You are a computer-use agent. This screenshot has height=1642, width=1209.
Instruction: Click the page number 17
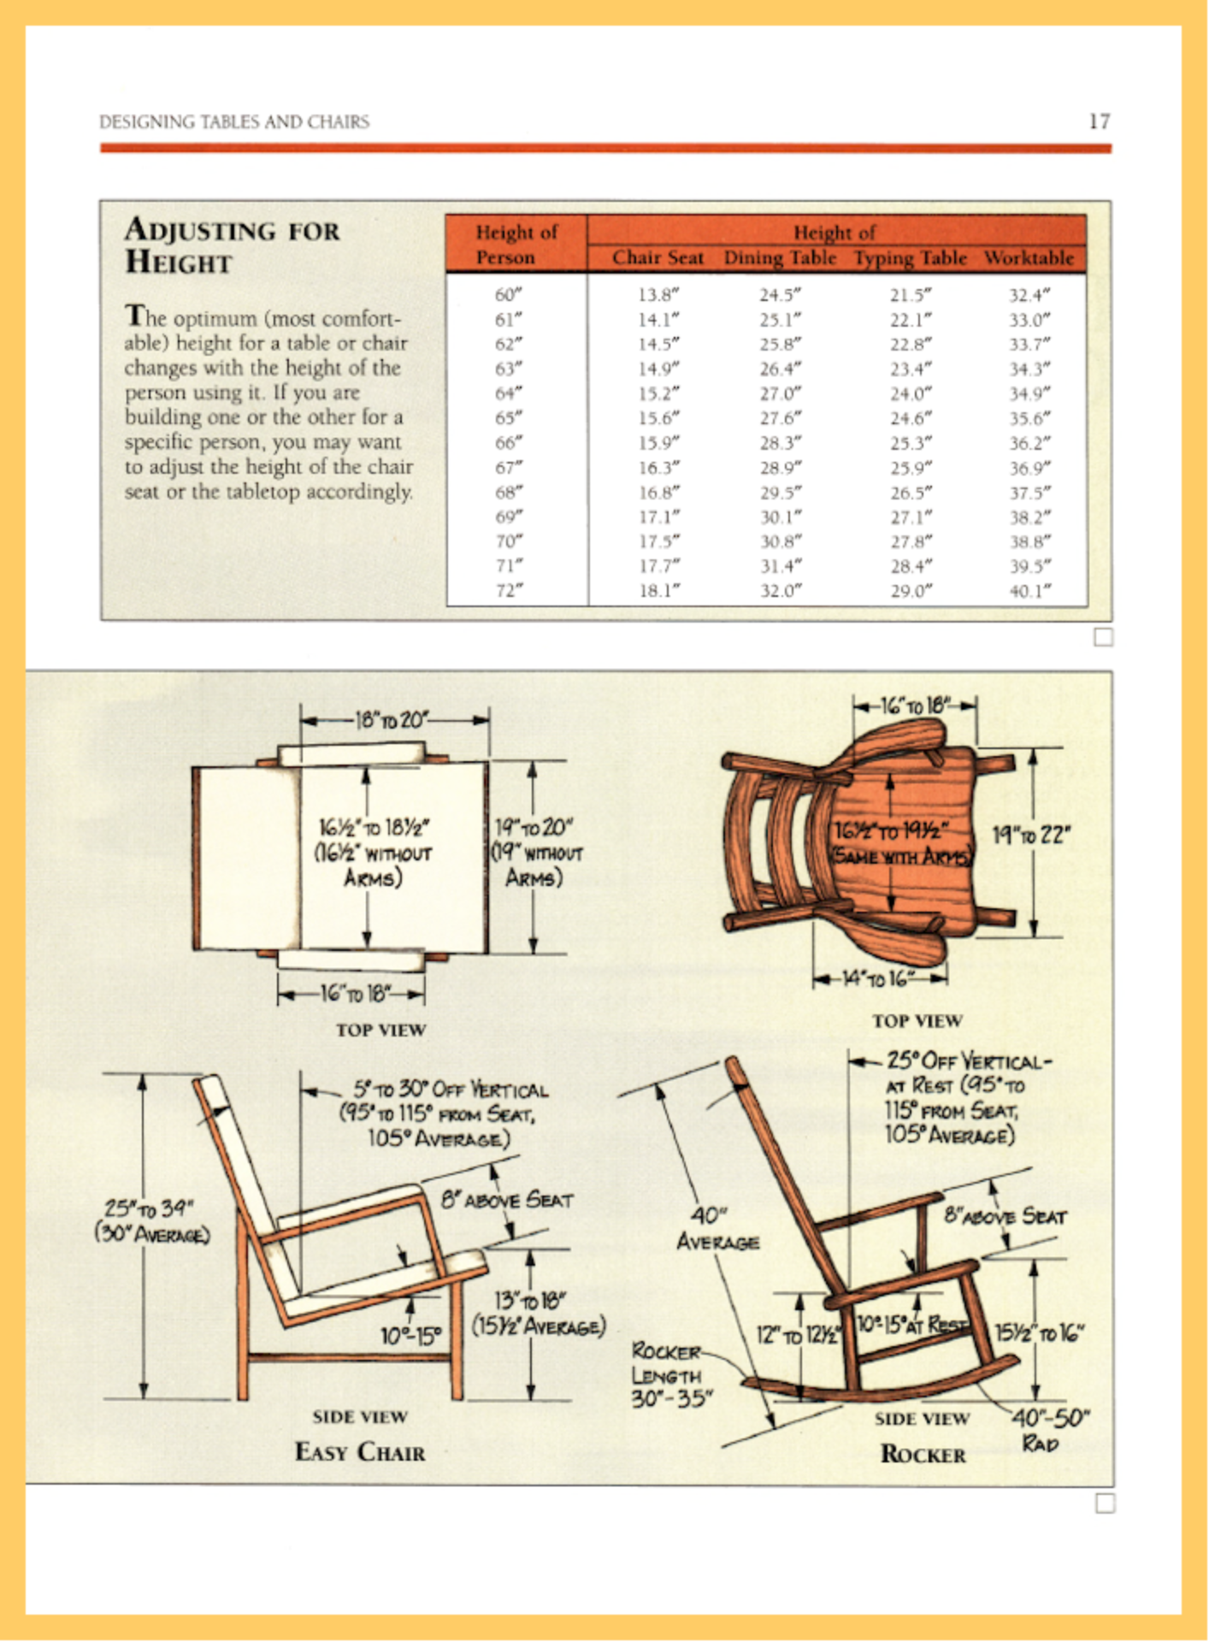[x=1099, y=121]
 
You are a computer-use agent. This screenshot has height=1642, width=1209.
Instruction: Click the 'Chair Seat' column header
[x=658, y=257]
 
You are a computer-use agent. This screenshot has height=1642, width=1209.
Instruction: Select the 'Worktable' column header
[x=1029, y=257]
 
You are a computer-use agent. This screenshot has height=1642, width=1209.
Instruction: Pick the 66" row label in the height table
[x=508, y=443]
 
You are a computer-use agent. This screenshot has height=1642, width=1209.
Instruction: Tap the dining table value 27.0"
[x=780, y=393]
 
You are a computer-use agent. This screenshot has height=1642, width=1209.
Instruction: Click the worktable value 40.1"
[x=1029, y=591]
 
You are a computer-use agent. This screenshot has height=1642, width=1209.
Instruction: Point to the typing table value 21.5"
[x=910, y=295]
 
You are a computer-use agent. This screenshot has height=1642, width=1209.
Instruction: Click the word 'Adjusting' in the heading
[x=200, y=230]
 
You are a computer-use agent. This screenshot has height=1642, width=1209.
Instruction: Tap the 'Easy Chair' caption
[x=360, y=1452]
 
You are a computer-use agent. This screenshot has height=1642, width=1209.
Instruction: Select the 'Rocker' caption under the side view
[x=923, y=1455]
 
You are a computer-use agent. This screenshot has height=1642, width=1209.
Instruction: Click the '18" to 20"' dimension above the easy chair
[x=392, y=720]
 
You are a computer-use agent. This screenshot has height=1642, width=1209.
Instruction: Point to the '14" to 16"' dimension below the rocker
[x=878, y=978]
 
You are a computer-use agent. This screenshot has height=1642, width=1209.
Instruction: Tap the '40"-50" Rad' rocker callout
[x=1050, y=1430]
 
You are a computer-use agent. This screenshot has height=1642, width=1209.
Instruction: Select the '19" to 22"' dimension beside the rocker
[x=1031, y=835]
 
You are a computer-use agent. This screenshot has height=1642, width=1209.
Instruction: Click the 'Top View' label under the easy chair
[x=380, y=1030]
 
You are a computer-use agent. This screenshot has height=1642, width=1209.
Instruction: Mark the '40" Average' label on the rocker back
[x=717, y=1228]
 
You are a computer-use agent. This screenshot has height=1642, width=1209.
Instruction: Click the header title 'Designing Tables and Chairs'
[x=234, y=121]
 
